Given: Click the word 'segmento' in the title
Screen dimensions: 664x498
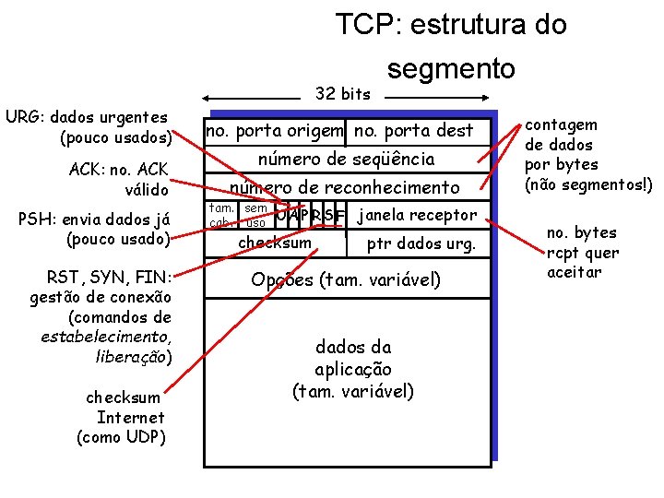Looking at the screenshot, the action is pos(451,69).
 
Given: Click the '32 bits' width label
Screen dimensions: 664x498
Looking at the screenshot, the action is pos(342,93).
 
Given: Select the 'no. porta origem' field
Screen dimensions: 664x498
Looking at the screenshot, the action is pos(274,131).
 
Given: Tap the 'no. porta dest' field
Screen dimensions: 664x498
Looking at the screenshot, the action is pos(413,131).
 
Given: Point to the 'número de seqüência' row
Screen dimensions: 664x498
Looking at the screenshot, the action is pos(346,159).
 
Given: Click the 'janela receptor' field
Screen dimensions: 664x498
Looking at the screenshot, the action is pos(417,215).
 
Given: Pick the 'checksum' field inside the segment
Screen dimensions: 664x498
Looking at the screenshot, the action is pos(275,243).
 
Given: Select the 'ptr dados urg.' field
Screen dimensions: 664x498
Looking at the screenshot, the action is pos(421,244).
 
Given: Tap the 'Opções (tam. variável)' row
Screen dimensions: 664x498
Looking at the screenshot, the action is pos(346,279).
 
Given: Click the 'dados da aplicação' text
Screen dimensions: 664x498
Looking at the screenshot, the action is pos(352,369).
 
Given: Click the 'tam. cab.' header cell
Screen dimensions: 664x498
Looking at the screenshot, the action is pos(221,216).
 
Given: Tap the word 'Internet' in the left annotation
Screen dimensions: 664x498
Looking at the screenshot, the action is pos(124,417).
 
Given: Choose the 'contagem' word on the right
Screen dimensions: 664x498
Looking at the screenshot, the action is pos(561,125).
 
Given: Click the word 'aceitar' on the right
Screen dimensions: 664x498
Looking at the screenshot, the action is pos(574,272).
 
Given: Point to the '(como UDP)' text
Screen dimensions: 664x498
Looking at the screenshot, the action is pos(121,436).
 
